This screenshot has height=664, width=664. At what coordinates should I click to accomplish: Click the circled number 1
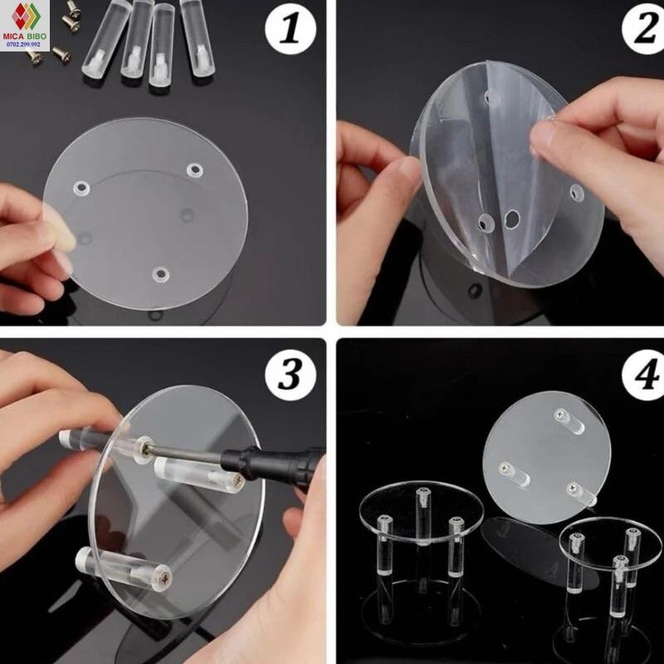pyautogui.click(x=290, y=30)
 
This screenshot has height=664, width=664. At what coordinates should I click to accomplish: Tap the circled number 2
pyautogui.click(x=644, y=30)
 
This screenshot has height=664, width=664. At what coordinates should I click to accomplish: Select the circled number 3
pyautogui.click(x=290, y=374)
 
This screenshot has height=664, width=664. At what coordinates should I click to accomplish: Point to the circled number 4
pyautogui.click(x=644, y=375)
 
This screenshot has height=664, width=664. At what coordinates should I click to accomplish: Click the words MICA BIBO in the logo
pyautogui.click(x=25, y=37)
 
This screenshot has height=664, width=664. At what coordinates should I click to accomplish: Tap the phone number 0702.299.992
pyautogui.click(x=24, y=44)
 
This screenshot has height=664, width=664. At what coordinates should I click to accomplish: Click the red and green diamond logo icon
pyautogui.click(x=26, y=17)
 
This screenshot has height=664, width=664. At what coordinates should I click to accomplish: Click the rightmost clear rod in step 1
pyautogui.click(x=198, y=37)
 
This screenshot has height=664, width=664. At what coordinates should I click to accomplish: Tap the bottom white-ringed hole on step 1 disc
pyautogui.click(x=161, y=275)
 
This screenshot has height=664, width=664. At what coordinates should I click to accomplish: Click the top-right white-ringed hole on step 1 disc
pyautogui.click(x=195, y=170)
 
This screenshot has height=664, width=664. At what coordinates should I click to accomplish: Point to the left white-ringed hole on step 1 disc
pyautogui.click(x=81, y=188)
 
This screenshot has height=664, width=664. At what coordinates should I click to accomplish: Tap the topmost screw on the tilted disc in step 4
pyautogui.click(x=562, y=414)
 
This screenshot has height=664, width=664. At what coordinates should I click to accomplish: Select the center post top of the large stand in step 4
pyautogui.click(x=423, y=494)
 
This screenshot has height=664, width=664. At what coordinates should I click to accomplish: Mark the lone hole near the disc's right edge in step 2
pyautogui.click(x=576, y=193)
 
